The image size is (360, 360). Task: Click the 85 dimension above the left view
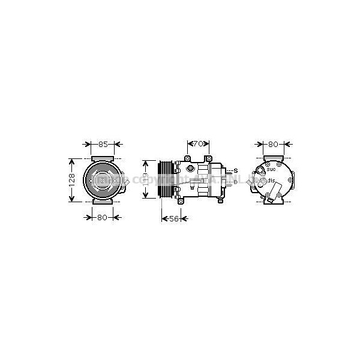click(x=103, y=145)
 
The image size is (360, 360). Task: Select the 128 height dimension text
click(x=72, y=179)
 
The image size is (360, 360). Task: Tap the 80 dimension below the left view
click(x=102, y=217)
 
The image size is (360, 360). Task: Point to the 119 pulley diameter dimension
click(x=145, y=179)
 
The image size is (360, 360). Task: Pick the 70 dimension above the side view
click(x=198, y=145)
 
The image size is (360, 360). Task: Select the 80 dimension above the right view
click(x=274, y=145)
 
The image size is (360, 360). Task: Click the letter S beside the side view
click(x=236, y=171)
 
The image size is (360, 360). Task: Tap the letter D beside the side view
click(x=236, y=181)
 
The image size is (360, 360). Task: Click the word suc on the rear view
click(x=271, y=169)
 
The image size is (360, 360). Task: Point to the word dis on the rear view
click(x=271, y=181)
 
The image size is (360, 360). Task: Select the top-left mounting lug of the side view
click(x=187, y=158)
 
